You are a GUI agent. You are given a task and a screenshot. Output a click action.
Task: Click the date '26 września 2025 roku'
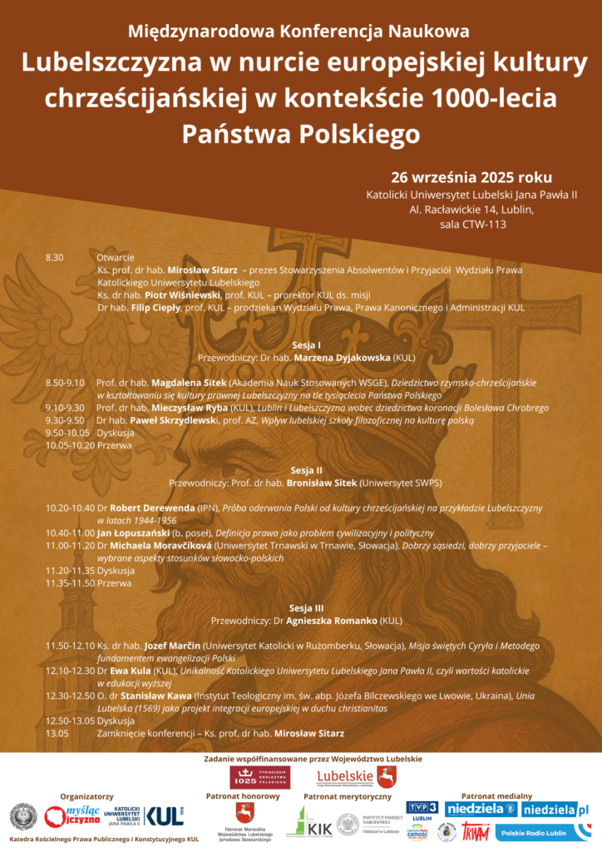pos(471,177)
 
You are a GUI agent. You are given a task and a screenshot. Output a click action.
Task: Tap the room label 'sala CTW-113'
pos(472,224)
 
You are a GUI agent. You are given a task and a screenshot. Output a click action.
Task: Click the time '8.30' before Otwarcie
pos(54,258)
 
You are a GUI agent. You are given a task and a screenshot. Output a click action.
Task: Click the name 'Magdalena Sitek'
pos(189,383)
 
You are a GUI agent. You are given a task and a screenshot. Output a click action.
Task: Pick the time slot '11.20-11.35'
pos(69,571)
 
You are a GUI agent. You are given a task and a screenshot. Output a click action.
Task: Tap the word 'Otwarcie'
pos(115,258)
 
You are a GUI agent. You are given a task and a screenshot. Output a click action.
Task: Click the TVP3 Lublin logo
pos(422,812)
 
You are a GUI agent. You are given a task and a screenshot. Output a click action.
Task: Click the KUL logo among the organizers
pos(164,815)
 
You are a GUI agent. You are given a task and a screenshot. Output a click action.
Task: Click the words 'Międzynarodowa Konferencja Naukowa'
pos(299,32)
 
